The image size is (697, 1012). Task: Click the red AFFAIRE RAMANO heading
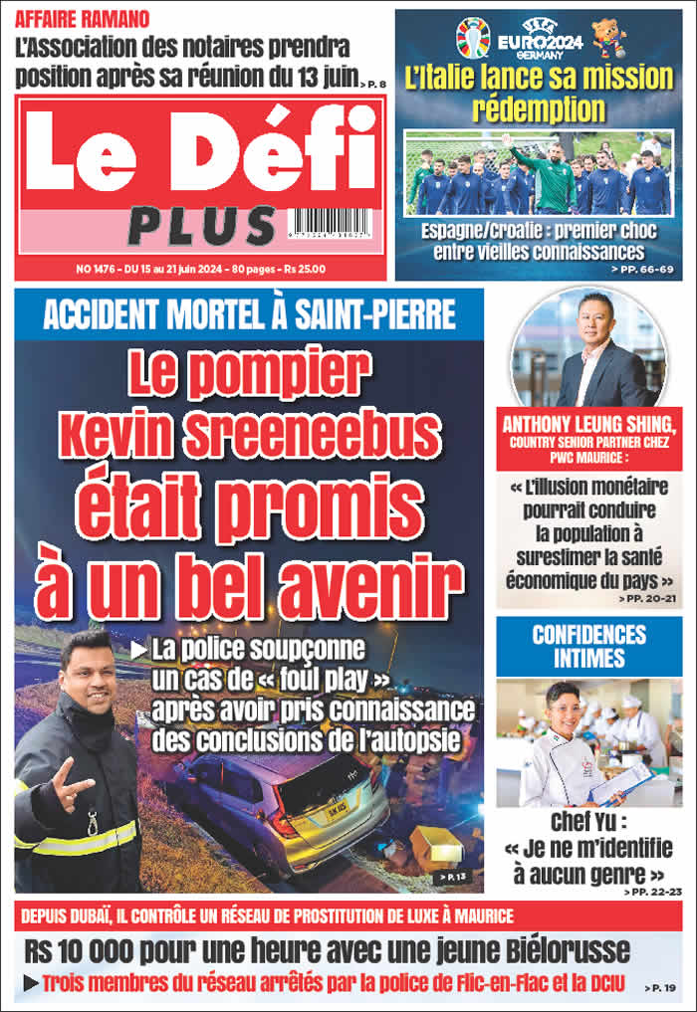(x=84, y=19)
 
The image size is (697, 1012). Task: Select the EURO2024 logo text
(x=537, y=40)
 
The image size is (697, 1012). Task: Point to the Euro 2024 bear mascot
(x=608, y=39)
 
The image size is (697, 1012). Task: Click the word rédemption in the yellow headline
(x=538, y=108)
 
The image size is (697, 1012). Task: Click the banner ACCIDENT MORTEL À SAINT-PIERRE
(x=249, y=315)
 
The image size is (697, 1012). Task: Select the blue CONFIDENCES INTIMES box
(x=588, y=646)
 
